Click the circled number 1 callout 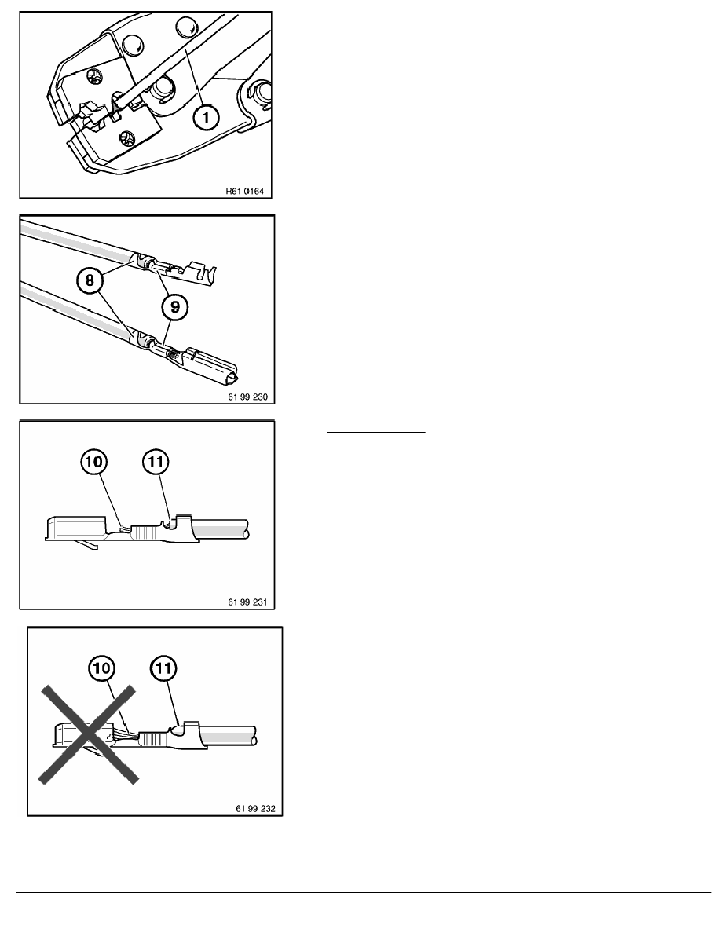point(206,117)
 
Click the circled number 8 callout point(90,280)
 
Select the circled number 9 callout point(175,307)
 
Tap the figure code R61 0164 point(244,191)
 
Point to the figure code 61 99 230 point(248,397)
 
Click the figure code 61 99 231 point(248,602)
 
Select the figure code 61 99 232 point(256,808)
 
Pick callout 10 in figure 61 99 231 point(94,462)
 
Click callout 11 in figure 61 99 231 point(156,462)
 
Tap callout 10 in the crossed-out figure point(102,668)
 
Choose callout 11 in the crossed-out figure point(163,668)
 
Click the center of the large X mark point(89,734)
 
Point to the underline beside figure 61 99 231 point(376,432)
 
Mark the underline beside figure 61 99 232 point(379,638)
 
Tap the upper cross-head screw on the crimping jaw point(93,76)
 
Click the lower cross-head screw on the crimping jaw point(127,138)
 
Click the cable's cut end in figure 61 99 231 point(247,529)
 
